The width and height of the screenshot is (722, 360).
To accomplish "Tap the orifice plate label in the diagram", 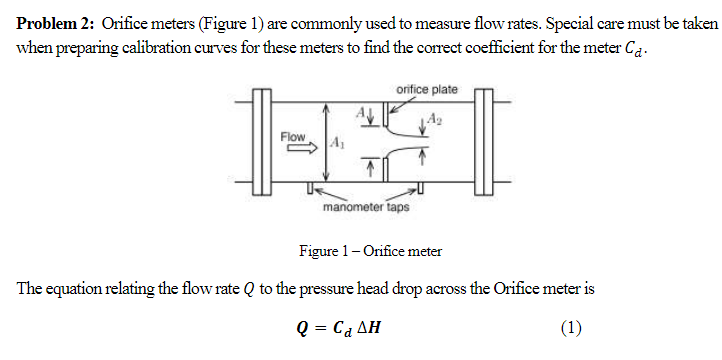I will [427, 90].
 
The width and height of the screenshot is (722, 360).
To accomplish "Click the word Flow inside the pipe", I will [293, 135].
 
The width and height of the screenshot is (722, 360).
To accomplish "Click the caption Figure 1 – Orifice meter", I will [371, 251].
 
